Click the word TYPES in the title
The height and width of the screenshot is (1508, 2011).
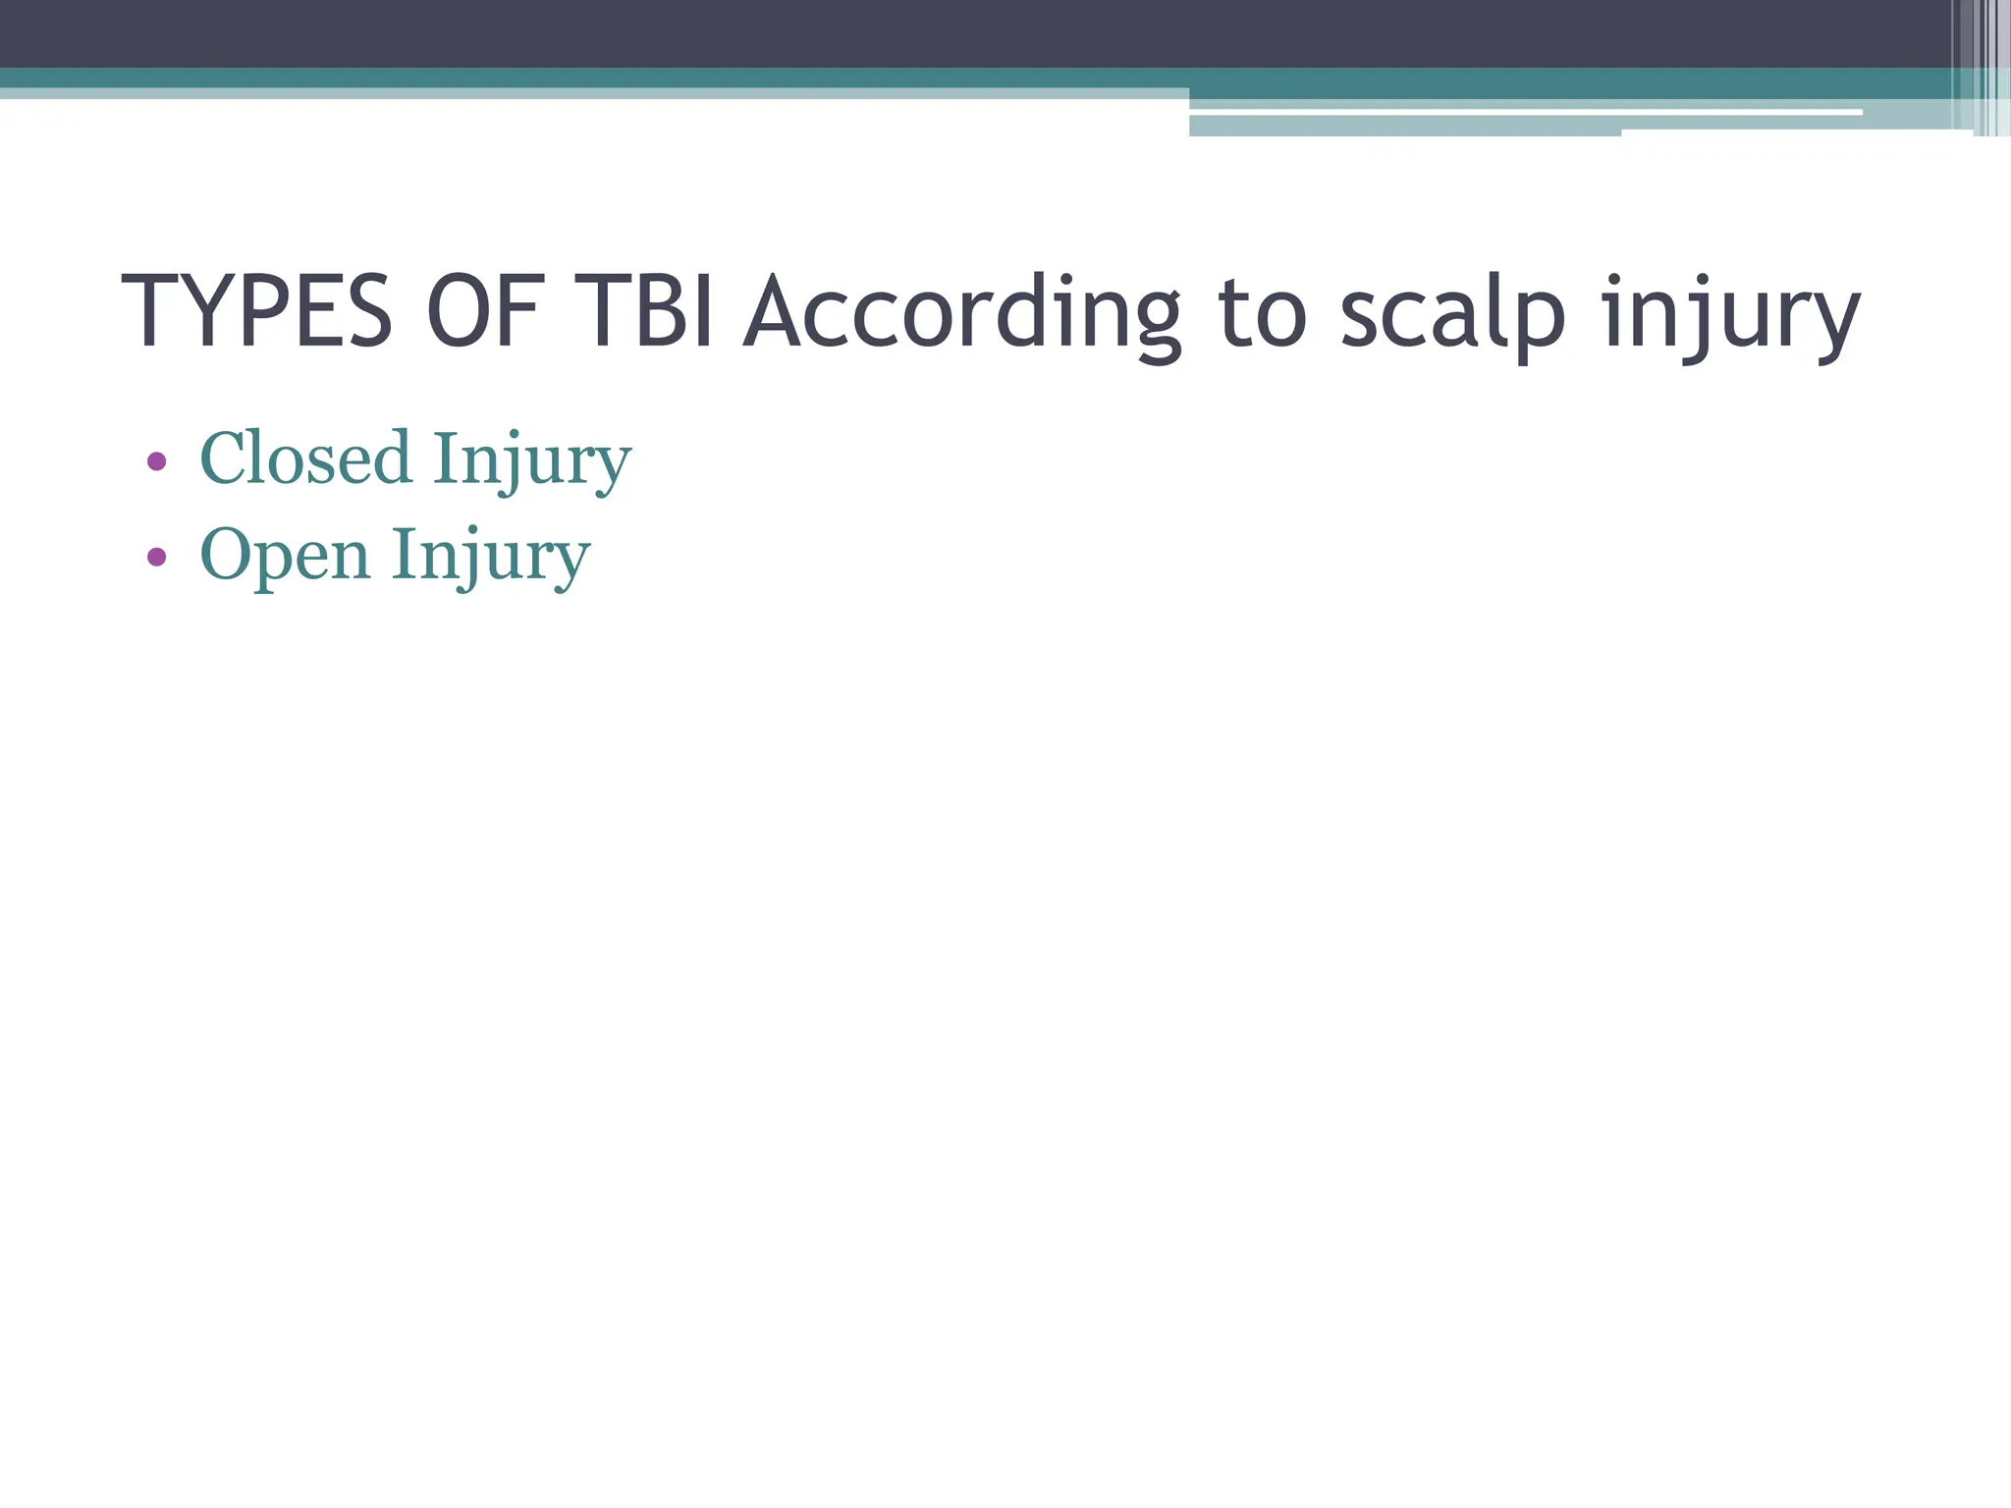point(256,312)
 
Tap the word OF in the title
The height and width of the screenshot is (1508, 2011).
point(484,312)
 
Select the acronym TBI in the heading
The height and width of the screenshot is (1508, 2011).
point(650,312)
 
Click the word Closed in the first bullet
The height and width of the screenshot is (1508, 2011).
point(305,458)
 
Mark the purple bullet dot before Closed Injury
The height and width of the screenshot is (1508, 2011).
point(156,460)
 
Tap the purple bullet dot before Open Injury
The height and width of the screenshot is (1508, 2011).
point(156,557)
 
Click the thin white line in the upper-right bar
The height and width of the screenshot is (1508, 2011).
point(1522,112)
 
